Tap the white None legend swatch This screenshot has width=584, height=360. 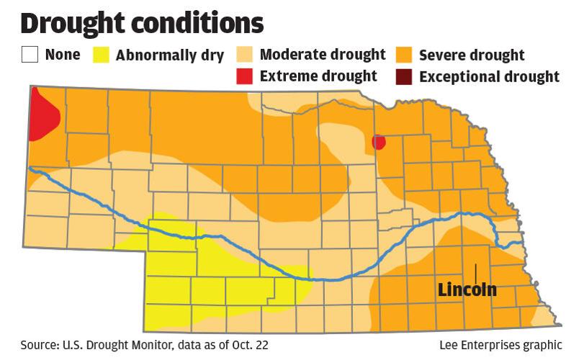(x=30, y=55)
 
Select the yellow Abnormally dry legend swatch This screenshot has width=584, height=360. (x=102, y=55)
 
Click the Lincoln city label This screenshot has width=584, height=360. (x=467, y=290)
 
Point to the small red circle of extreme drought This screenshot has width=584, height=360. (x=378, y=142)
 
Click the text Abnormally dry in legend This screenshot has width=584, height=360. (x=170, y=55)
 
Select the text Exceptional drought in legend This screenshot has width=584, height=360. (x=489, y=76)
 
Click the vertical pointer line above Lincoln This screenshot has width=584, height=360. (x=475, y=273)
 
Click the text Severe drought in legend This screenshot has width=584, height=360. (x=472, y=55)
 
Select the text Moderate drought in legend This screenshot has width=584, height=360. (x=322, y=55)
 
